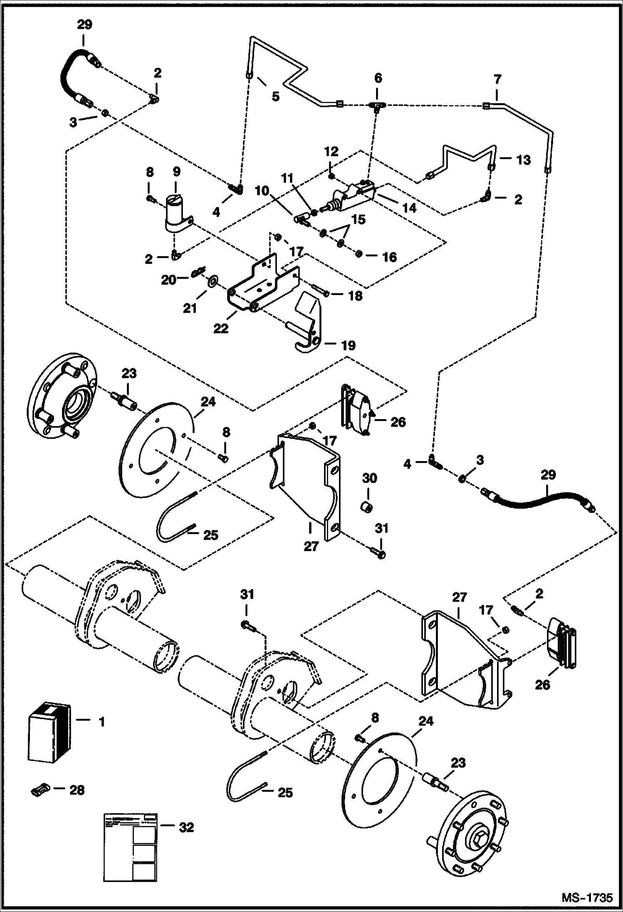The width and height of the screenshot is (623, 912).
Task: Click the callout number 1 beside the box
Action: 101,722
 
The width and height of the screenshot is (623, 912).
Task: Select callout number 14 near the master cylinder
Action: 410,207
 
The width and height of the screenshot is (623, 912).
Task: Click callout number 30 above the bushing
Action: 369,478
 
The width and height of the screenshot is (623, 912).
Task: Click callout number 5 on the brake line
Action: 276,96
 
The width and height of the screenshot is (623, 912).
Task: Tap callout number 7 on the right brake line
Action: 497,79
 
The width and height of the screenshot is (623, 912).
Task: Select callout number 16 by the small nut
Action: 389,257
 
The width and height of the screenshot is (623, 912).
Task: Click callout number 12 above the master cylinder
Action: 331,151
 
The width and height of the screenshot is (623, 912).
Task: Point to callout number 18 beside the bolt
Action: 356,296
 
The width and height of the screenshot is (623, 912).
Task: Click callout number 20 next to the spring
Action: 168,280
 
